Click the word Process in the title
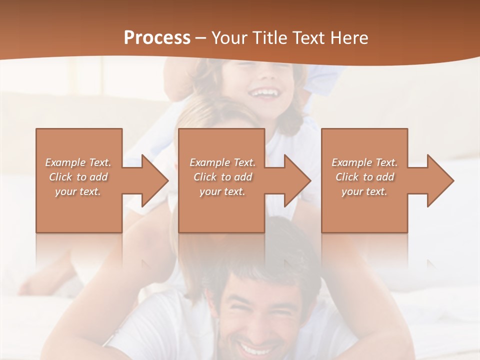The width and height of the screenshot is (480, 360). point(157,38)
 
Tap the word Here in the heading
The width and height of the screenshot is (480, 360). point(348,38)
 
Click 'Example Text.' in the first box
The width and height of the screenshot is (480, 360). point(78,162)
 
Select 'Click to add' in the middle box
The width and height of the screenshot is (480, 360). point(222,177)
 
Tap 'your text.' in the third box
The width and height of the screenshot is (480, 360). point(364,191)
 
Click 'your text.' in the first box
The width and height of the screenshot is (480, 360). point(78,191)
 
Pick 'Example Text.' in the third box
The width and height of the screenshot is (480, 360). point(364,162)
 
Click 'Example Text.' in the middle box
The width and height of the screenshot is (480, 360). point(222,162)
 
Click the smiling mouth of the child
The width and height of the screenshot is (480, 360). point(263,92)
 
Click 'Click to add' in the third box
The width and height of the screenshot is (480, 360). point(364,177)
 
